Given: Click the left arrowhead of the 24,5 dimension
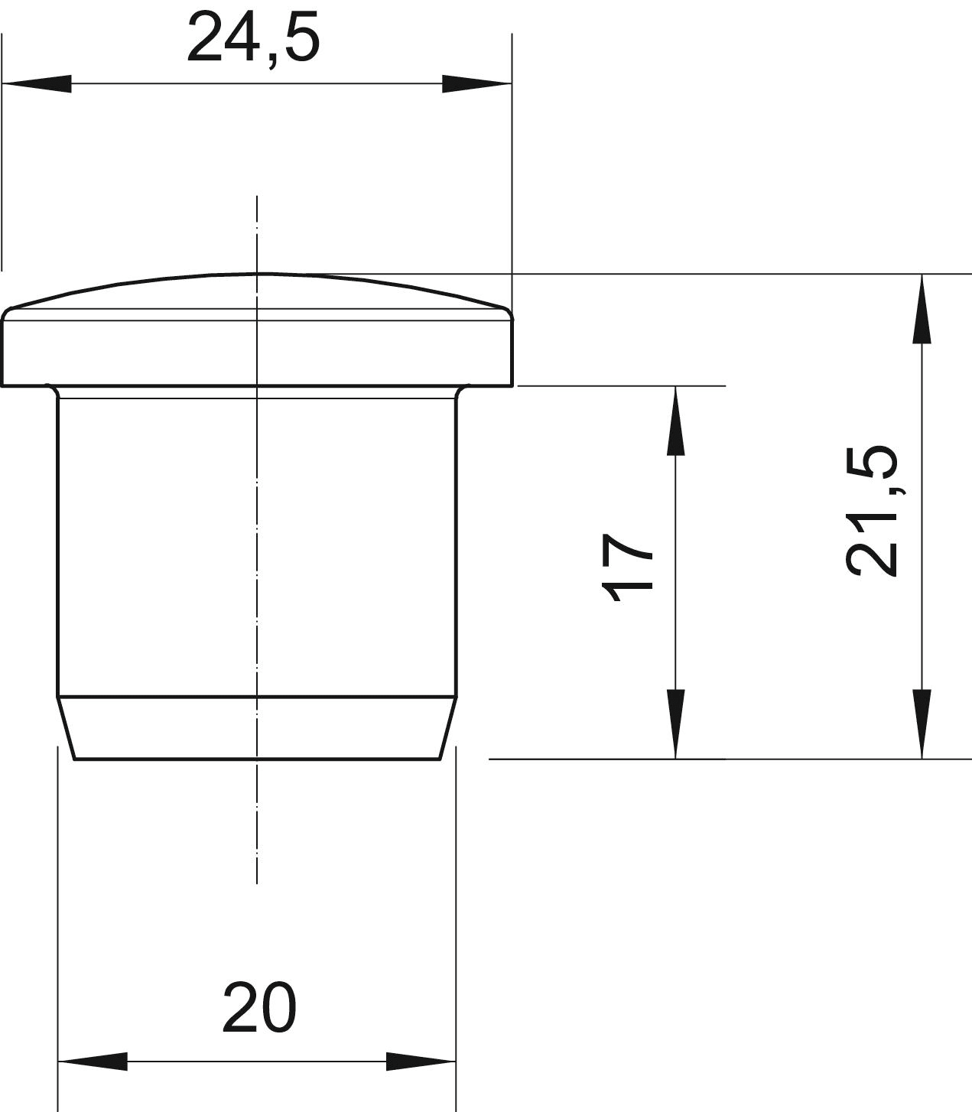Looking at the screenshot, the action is (37, 83).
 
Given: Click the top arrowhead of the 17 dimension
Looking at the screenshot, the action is (675, 421).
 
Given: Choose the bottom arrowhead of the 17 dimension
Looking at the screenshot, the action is (675, 724).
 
